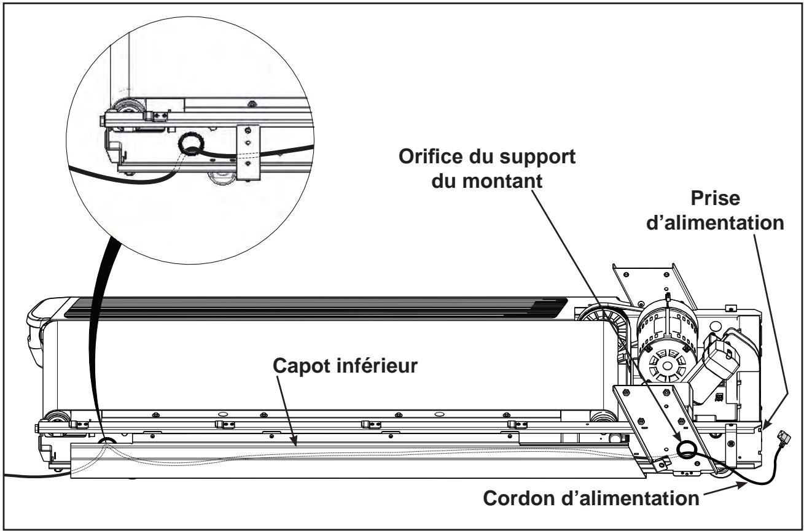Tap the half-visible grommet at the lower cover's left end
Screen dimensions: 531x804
[108, 441]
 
